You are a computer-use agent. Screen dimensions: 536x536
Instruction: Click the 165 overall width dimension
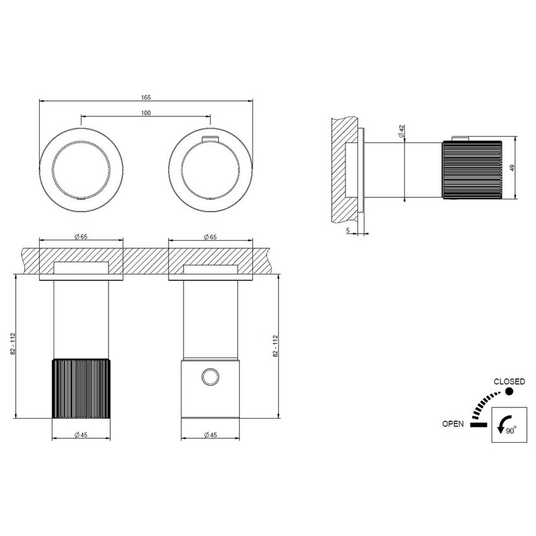pyautogui.click(x=146, y=97)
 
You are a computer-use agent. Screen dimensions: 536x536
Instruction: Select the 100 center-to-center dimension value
pyautogui.click(x=146, y=113)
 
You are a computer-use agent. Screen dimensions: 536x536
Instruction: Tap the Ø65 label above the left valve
pyautogui.click(x=80, y=236)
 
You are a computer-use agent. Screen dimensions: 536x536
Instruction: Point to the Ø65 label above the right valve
pyautogui.click(x=210, y=236)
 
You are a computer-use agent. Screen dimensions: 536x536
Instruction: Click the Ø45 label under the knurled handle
pyautogui.click(x=80, y=434)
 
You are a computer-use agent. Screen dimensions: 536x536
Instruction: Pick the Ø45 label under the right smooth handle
pyautogui.click(x=210, y=434)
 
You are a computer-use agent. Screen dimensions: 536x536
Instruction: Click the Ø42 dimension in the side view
pyautogui.click(x=402, y=131)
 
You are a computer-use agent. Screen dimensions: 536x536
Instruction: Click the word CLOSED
pyautogui.click(x=509, y=381)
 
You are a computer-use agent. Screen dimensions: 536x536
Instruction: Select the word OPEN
pyautogui.click(x=453, y=424)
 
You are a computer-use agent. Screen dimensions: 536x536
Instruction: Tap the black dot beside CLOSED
pyautogui.click(x=509, y=392)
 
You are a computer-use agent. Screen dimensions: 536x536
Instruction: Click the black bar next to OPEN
pyautogui.click(x=479, y=424)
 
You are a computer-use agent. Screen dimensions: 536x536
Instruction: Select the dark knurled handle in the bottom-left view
pyautogui.click(x=81, y=388)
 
